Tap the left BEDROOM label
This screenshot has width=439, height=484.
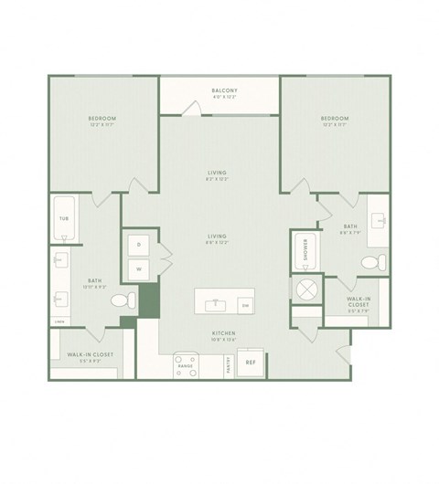(x=102, y=119)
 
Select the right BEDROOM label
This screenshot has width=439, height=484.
(x=335, y=119)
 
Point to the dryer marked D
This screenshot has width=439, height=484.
(x=139, y=246)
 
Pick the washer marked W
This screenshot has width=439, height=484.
(x=139, y=268)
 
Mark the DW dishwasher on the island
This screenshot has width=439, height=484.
(x=244, y=304)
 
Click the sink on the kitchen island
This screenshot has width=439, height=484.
(x=216, y=302)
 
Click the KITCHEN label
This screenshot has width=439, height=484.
(x=225, y=334)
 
